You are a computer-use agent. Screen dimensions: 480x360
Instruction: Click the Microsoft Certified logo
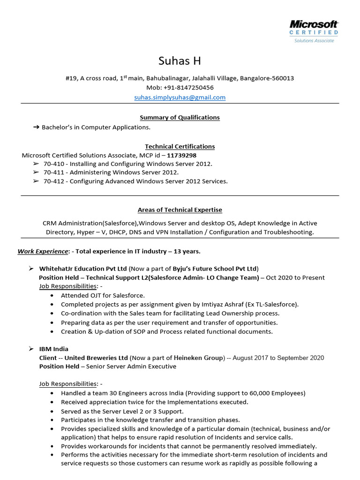click(x=314, y=31)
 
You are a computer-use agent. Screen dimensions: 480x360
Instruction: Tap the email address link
click(x=180, y=97)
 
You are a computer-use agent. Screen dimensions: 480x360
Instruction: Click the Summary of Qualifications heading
click(x=180, y=118)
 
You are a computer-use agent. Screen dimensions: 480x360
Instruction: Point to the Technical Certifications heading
click(x=180, y=147)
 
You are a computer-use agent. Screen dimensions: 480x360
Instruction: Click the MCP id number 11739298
click(x=182, y=156)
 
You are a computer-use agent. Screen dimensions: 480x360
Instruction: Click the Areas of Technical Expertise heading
click(x=180, y=210)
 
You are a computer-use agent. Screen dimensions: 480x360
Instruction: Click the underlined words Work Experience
click(x=43, y=252)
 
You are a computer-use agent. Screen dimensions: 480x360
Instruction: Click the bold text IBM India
click(x=54, y=349)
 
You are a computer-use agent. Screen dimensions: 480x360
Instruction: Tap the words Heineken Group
click(x=199, y=358)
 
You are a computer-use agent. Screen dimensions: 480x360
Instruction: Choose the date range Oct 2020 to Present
click(x=295, y=278)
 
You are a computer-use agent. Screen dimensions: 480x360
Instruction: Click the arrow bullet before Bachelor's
click(x=36, y=127)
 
